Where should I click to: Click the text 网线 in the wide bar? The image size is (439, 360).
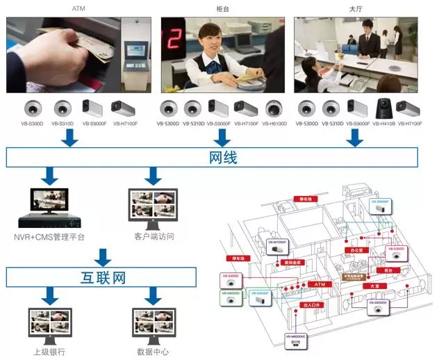point(222,158)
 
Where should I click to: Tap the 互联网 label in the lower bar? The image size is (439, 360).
point(103,278)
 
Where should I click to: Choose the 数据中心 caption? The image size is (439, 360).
point(154,351)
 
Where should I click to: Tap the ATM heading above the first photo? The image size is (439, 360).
point(79,8)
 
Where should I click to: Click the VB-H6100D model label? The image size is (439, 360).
point(275,124)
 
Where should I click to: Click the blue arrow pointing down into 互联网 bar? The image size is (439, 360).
point(103,257)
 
